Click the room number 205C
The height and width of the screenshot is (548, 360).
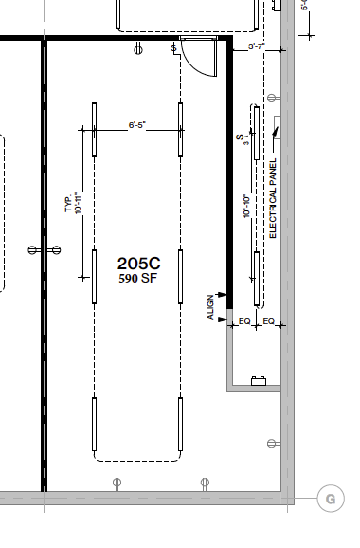pyautogui.click(x=139, y=264)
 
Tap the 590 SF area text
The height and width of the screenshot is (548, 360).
pyautogui.click(x=139, y=279)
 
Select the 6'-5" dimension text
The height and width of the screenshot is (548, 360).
pyautogui.click(x=139, y=123)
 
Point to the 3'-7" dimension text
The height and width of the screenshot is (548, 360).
pyautogui.click(x=255, y=46)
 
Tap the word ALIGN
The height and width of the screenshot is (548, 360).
pyautogui.click(x=211, y=307)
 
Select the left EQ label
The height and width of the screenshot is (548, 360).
pyautogui.click(x=244, y=321)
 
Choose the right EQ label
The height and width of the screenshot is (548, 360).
pyautogui.click(x=268, y=321)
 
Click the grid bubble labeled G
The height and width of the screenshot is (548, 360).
pyautogui.click(x=330, y=498)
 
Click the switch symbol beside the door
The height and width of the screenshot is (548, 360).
pyautogui.click(x=173, y=47)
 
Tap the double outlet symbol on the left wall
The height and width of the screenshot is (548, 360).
pyautogui.click(x=44, y=249)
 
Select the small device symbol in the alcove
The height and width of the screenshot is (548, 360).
pyautogui.click(x=256, y=382)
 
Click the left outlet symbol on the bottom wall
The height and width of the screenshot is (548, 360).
pyautogui.click(x=117, y=484)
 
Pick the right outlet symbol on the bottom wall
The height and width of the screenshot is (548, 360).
pyautogui.click(x=205, y=484)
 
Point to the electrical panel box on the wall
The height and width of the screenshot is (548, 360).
pyautogui.click(x=276, y=127)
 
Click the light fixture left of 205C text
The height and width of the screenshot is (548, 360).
pyautogui.click(x=94, y=276)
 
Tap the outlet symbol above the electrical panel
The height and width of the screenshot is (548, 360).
pyautogui.click(x=273, y=98)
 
